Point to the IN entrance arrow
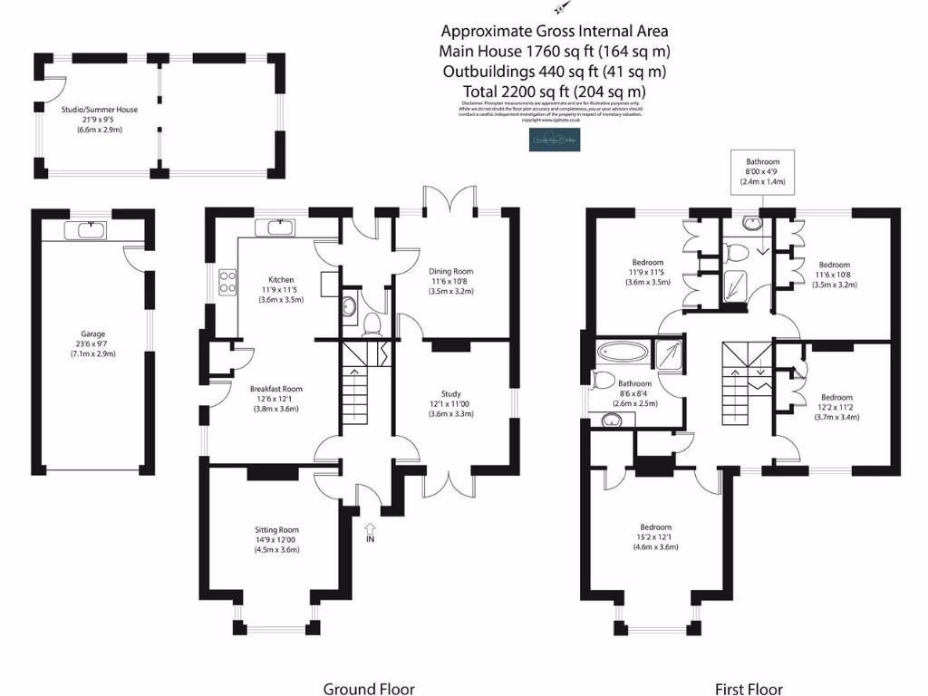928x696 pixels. point(370,532)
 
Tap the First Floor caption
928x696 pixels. point(749,689)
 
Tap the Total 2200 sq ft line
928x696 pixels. point(555,92)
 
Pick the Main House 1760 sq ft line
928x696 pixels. point(555,51)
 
